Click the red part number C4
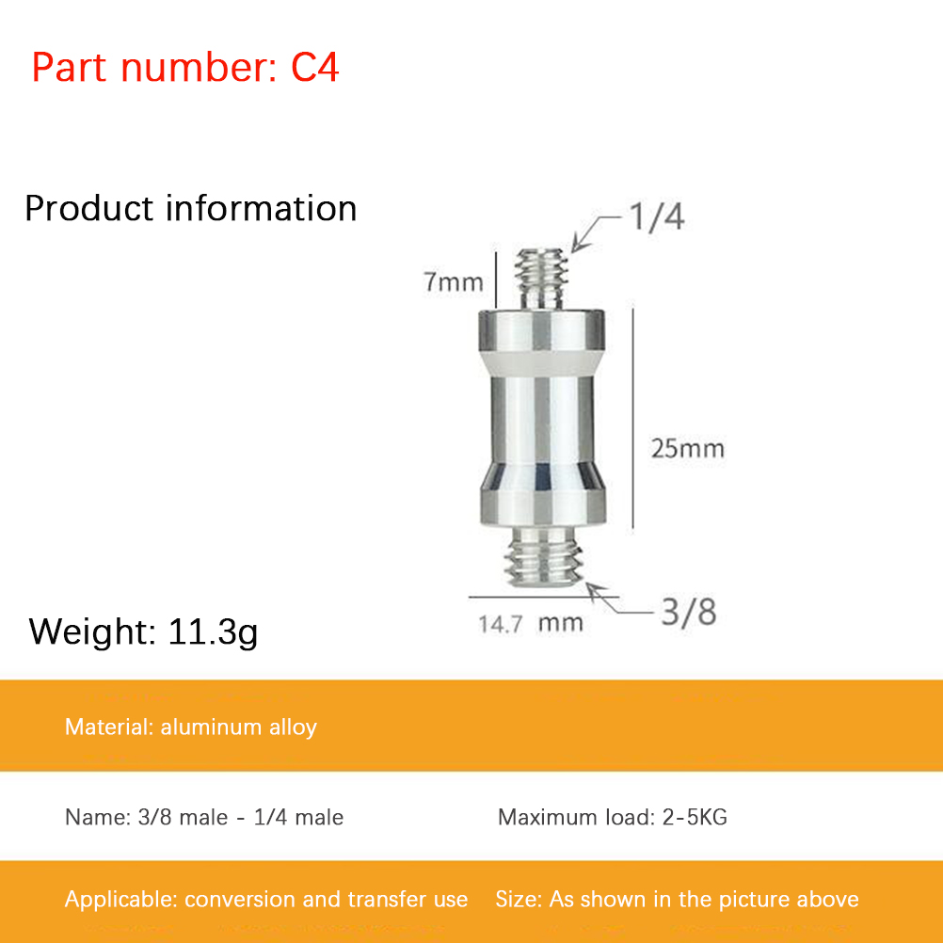tap(315, 67)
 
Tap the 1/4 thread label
tap(656, 217)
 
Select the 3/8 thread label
tap(689, 613)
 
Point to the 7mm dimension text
tap(454, 282)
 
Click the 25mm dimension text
tap(687, 449)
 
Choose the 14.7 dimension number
tap(501, 624)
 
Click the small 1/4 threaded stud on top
tap(542, 280)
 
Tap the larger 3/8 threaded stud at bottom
tap(544, 556)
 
